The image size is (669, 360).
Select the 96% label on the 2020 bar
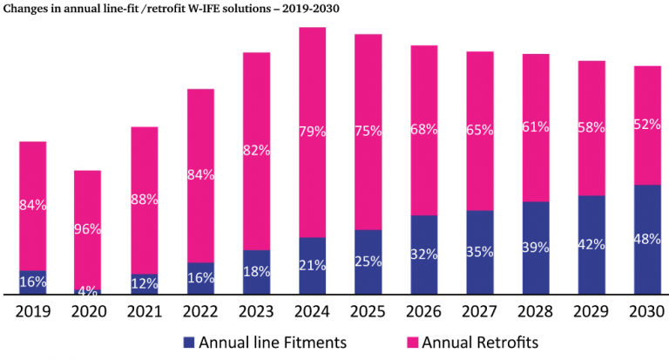click(87, 229)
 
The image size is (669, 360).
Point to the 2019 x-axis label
click(32, 310)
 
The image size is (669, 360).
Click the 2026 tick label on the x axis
click(423, 310)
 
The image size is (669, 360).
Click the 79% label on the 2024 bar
click(312, 132)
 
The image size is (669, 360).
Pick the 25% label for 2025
click(368, 262)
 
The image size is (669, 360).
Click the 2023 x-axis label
click(256, 310)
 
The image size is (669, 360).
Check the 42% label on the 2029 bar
click(591, 245)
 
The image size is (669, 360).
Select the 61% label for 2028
click(535, 126)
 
